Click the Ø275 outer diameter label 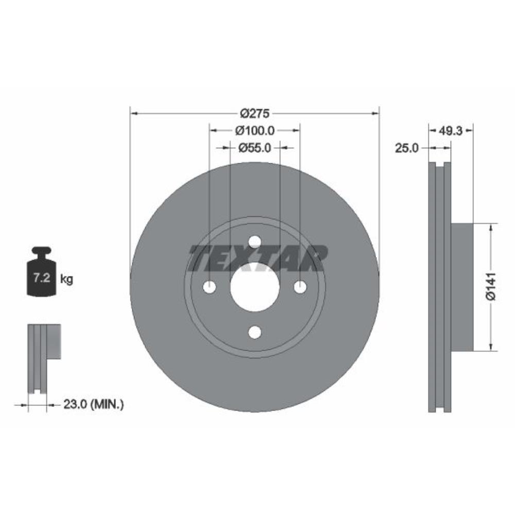(254, 113)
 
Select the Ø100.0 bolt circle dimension (254, 131)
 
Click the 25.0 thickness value (406, 148)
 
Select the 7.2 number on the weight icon (41, 279)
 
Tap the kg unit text (66, 280)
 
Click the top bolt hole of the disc (254, 242)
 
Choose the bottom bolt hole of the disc (254, 333)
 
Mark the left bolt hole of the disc (209, 287)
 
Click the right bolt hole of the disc (300, 287)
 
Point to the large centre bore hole (254, 287)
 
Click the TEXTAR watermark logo (257, 259)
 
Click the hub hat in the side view (462, 287)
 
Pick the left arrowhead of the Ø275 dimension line (133, 113)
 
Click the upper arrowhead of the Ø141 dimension (491, 227)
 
